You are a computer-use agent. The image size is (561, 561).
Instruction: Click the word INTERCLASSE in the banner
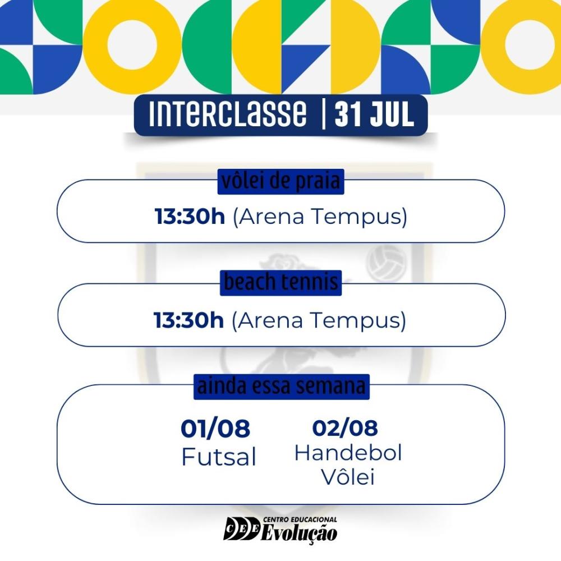pos(228,114)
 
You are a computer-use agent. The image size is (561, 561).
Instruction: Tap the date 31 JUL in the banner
pos(374,114)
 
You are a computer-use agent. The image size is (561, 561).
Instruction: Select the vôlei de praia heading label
pos(281,182)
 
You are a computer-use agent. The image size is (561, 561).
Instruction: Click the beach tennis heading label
pos(281,283)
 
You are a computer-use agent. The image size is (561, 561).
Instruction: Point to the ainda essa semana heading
pos(282,387)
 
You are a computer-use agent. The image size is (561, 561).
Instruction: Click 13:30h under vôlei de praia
pos(190,217)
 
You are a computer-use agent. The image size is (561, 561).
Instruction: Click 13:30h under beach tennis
pos(188,320)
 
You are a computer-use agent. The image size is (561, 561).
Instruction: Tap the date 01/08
pos(215,428)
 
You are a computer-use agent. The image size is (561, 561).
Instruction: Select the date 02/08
pos(345,427)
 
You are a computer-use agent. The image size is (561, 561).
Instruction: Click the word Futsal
pos(219,457)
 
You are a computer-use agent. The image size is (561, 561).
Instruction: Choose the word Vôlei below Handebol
pos(348,476)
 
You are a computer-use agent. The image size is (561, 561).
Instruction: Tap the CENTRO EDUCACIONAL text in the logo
pos(300,519)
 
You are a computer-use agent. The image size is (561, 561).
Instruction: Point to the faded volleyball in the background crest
pos(387,263)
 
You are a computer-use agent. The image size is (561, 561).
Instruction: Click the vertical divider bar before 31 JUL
pos(324,114)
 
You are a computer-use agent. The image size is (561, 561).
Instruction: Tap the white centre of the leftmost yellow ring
pos(132,45)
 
